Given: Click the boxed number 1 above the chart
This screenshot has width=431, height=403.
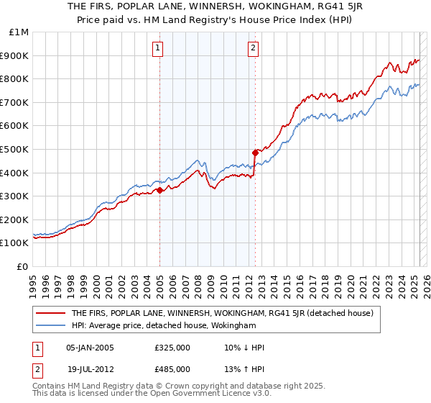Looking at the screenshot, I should [157, 49].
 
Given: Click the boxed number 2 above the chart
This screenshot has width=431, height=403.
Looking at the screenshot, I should [254, 49].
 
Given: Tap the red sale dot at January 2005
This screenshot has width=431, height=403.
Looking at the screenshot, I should [160, 190].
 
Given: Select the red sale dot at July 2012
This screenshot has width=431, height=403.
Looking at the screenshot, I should [255, 153].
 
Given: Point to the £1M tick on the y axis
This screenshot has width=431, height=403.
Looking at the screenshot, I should [19, 32].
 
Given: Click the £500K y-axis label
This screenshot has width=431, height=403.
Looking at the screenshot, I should [16, 149].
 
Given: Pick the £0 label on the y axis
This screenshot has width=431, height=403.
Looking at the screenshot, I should [22, 266].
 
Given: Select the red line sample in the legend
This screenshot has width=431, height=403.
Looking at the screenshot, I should [51, 313].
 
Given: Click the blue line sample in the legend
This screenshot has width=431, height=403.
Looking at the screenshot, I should [51, 326].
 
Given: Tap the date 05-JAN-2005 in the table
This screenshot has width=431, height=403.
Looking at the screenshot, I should [90, 348].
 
